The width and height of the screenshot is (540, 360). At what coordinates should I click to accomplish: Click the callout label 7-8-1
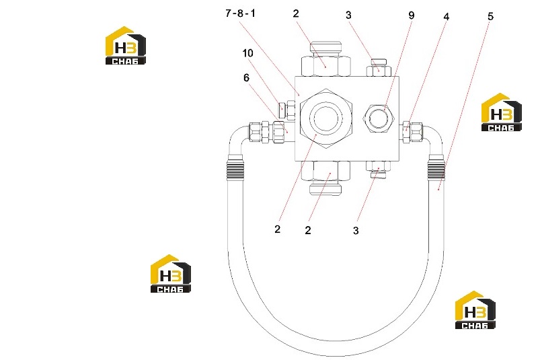tap(240, 13)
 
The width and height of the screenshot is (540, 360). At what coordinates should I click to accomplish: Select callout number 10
tap(247, 53)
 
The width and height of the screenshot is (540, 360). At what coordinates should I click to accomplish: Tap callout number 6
tap(246, 78)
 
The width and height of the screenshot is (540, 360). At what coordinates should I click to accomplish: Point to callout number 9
tap(411, 15)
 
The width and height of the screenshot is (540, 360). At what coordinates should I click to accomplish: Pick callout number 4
tap(447, 17)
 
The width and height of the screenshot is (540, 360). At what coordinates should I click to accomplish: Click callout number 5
tap(490, 16)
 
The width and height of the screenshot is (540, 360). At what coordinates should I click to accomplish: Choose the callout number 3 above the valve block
tap(348, 15)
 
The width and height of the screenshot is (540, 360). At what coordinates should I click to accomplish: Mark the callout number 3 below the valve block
tap(356, 231)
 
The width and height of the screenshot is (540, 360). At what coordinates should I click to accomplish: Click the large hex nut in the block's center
tap(325, 118)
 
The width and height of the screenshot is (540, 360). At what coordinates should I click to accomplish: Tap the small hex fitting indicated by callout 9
tap(378, 118)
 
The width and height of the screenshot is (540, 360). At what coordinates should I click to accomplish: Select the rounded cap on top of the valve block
tap(325, 48)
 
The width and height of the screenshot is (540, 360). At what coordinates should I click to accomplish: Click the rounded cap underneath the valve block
tap(325, 189)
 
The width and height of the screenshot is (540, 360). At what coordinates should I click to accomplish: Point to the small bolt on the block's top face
tap(379, 68)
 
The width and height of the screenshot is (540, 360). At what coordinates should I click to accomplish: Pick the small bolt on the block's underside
tap(378, 170)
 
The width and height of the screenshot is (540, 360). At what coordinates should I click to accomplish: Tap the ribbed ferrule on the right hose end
tap(436, 168)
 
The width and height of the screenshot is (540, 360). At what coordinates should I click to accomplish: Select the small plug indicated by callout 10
tap(286, 108)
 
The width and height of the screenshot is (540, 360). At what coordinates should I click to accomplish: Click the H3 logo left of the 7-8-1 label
tap(126, 46)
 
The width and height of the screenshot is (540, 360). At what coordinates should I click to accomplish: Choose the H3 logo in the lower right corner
tap(475, 310)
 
